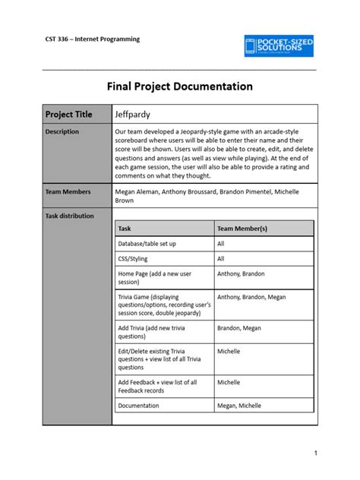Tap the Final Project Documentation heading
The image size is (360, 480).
180,87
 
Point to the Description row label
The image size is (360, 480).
62,131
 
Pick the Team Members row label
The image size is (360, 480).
67,192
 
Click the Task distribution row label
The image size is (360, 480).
69,216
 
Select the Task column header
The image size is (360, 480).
125,228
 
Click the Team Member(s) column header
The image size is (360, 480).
242,228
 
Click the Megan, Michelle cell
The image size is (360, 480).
242,406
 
